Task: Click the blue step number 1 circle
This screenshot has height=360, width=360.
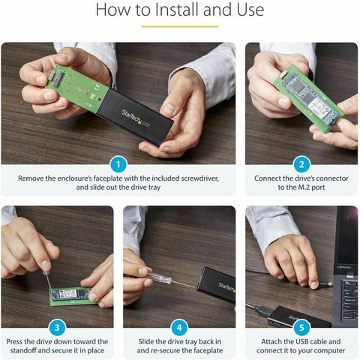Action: [116, 164]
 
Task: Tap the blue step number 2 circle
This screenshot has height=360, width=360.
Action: [301, 164]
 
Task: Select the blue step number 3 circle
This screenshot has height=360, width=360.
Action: [57, 328]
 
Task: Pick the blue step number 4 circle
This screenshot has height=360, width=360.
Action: [178, 328]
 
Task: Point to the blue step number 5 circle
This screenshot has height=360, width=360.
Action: [301, 328]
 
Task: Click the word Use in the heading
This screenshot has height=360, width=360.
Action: [247, 10]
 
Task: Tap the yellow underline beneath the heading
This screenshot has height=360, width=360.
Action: [179, 26]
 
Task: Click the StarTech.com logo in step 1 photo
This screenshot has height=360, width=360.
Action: [142, 114]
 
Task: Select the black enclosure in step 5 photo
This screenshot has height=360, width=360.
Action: [286, 316]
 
